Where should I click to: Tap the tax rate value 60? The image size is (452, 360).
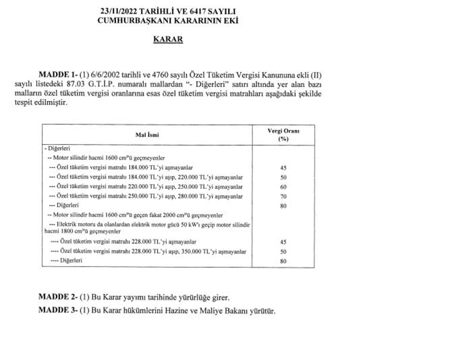(x=283, y=185)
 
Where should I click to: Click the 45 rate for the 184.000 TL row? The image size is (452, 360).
(x=283, y=167)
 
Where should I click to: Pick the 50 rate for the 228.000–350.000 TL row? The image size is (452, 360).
(x=283, y=251)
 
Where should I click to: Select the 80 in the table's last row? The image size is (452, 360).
(x=283, y=261)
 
